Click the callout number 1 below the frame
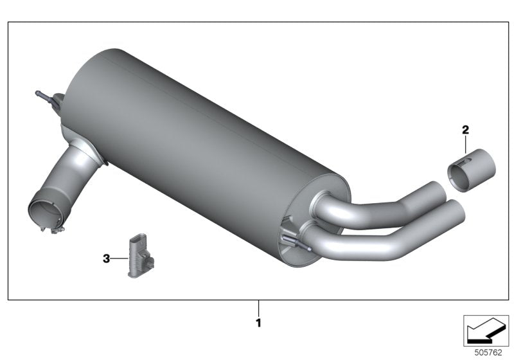pyautogui.click(x=259, y=323)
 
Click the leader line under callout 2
pyautogui.click(x=466, y=143)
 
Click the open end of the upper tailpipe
pyautogui.click(x=439, y=191)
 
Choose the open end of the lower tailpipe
pyautogui.click(x=455, y=210)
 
